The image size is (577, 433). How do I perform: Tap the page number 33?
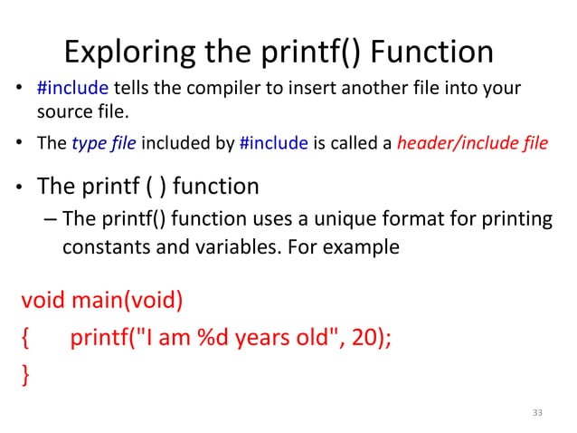pos(538,413)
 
